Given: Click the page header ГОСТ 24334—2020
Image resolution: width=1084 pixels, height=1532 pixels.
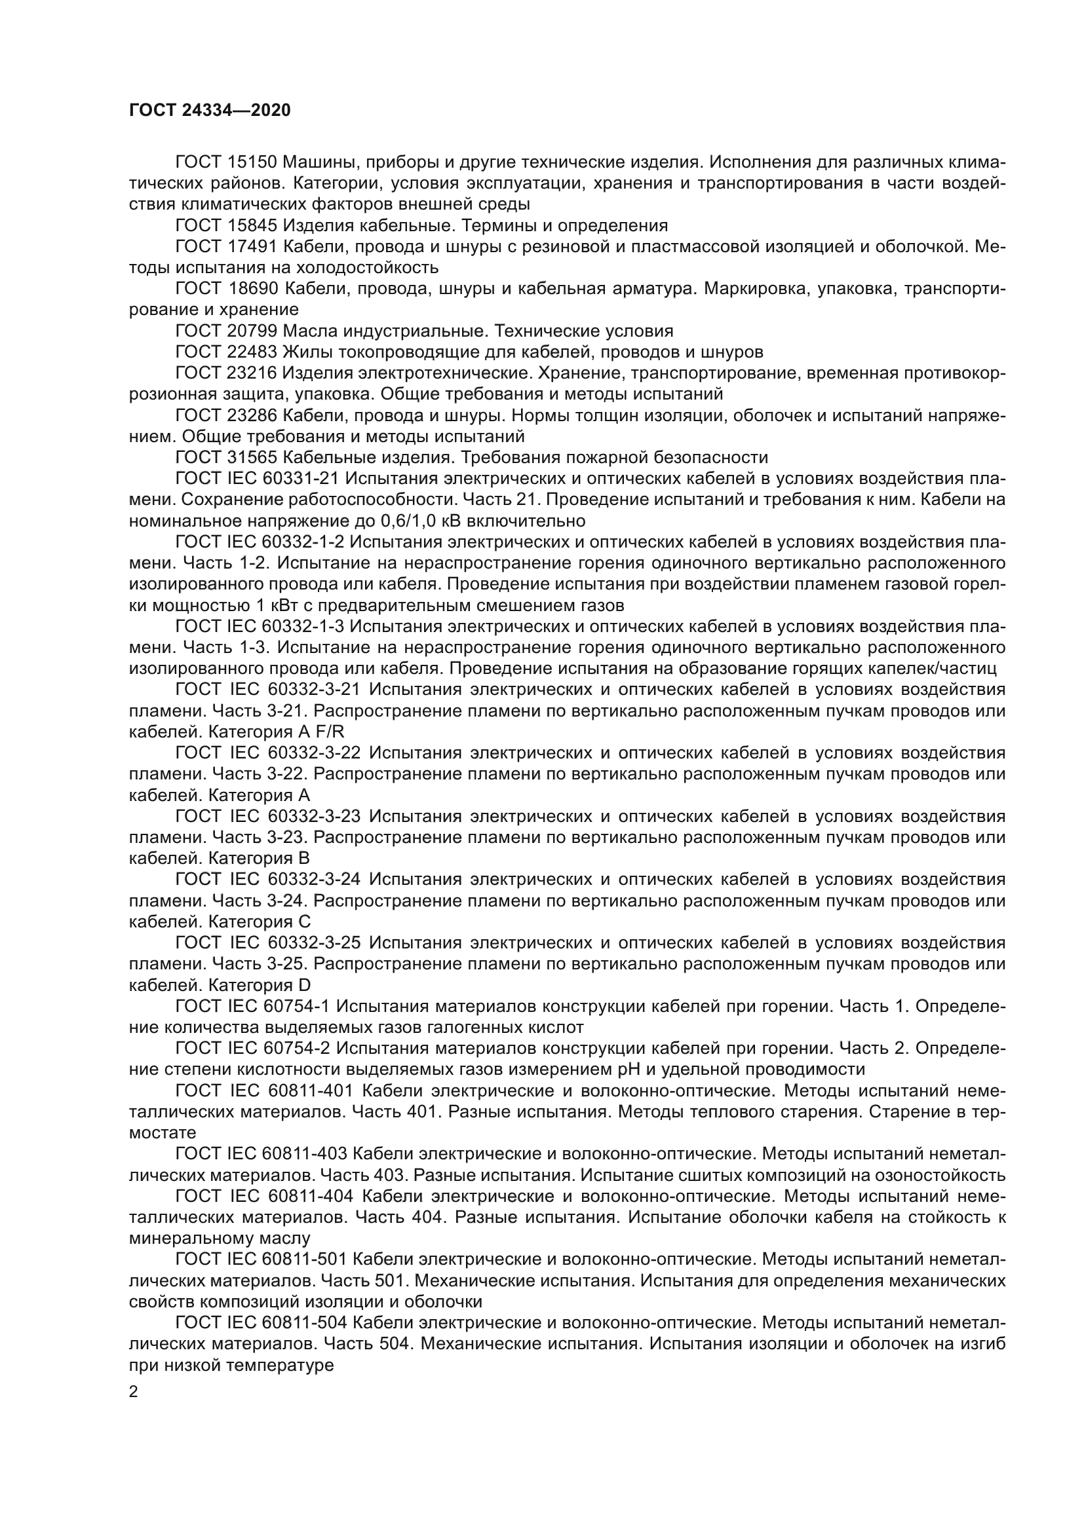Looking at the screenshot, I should (210, 111).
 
